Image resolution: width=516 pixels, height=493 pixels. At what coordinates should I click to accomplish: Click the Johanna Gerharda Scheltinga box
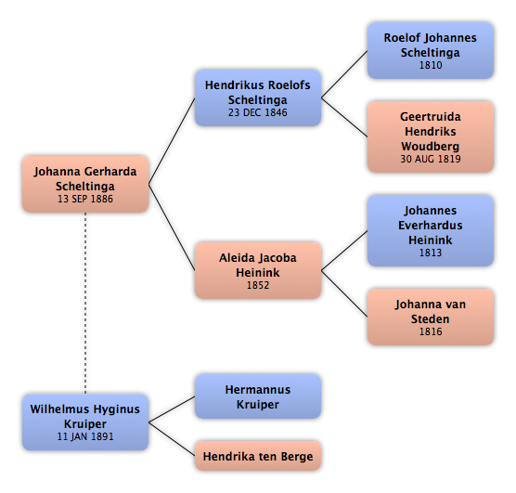pos(85,184)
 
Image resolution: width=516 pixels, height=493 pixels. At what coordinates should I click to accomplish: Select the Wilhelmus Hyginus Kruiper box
pos(85,422)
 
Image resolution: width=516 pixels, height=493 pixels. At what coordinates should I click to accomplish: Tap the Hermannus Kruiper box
pos(258,396)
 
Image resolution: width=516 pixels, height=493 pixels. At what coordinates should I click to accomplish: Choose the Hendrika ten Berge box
pos(258,456)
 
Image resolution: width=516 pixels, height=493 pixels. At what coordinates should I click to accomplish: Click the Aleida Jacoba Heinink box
pos(258,271)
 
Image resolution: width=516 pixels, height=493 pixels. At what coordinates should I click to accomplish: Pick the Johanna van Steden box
pos(431,318)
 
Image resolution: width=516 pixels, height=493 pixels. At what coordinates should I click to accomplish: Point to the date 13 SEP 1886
pos(85,199)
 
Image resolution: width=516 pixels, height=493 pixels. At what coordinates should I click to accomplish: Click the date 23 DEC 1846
pos(258,112)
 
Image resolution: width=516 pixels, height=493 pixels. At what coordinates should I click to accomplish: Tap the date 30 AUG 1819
pos(431,159)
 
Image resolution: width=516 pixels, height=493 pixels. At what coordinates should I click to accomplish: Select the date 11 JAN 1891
pos(85,436)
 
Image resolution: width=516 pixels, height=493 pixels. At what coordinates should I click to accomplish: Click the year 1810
pos(431,65)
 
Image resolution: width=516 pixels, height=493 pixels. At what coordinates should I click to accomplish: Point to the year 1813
pos(431,253)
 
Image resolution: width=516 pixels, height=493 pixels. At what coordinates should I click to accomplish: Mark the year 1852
pos(258,285)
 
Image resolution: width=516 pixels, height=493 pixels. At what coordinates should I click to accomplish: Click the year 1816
pos(431,331)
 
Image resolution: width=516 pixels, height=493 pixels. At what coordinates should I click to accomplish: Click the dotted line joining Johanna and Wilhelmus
pos(85,304)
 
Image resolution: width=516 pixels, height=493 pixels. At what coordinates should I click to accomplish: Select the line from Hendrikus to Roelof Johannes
pos(344,74)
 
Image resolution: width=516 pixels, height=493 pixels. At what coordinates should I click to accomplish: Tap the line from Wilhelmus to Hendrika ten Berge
pos(172,439)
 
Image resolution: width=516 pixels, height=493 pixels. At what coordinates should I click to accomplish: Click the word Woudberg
pos(431,146)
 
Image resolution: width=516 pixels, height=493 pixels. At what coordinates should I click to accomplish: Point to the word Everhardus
pos(431,226)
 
